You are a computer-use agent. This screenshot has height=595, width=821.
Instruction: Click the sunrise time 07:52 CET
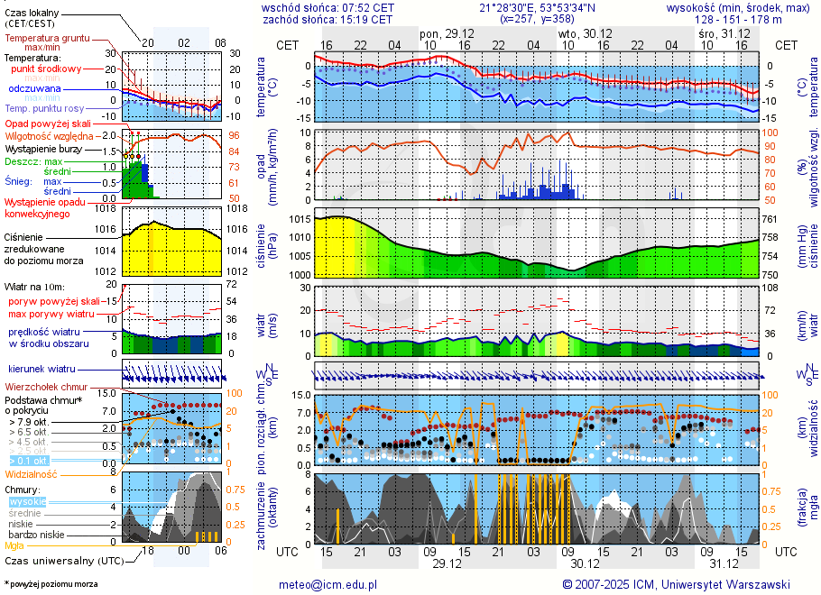(364, 7)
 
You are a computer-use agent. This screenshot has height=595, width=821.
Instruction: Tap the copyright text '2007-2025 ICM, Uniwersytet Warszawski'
(684, 584)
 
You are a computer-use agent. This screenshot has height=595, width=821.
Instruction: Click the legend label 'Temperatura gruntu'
(47, 39)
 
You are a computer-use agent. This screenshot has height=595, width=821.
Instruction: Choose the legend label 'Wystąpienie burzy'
(45, 148)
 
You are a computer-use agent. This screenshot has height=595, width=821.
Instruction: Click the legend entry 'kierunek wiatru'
(42, 369)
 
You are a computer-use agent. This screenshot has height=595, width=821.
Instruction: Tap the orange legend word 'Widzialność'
(32, 473)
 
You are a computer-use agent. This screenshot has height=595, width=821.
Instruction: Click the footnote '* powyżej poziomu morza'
(51, 584)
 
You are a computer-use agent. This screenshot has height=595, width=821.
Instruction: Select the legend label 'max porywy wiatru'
(52, 314)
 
